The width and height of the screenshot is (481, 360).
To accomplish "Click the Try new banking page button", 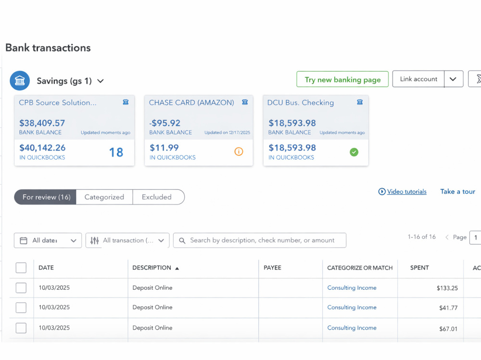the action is point(342,79).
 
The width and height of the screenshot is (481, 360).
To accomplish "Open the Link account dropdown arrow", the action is point(453,79).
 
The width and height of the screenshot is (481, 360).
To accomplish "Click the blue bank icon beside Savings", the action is point(20,81).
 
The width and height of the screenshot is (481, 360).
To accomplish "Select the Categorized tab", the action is point(104,197).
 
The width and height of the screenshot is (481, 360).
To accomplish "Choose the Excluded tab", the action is point(157,197).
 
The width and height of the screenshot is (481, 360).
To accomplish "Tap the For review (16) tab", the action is point(46,197).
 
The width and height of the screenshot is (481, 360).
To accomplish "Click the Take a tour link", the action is point(458,192).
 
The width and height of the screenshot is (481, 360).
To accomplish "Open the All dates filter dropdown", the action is point(48,240).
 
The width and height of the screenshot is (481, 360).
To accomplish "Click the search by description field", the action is point(260,240).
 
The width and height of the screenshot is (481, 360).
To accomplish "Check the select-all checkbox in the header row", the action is point(21,268).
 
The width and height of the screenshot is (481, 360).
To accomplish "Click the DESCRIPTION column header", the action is point(152,268).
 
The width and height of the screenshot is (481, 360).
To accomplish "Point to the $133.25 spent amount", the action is point(447,288).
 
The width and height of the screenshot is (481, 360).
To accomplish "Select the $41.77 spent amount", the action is point(448,308).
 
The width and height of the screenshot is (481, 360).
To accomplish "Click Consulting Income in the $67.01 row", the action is point(352,328).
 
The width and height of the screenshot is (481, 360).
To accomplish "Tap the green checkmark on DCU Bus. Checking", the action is point(354,152).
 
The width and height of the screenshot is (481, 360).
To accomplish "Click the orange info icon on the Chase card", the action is point(239,151).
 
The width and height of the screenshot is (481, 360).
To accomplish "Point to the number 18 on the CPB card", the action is point(116,152).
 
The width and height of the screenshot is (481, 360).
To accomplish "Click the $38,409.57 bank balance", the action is point(42,123).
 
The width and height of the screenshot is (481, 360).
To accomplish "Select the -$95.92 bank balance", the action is point(165,123).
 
